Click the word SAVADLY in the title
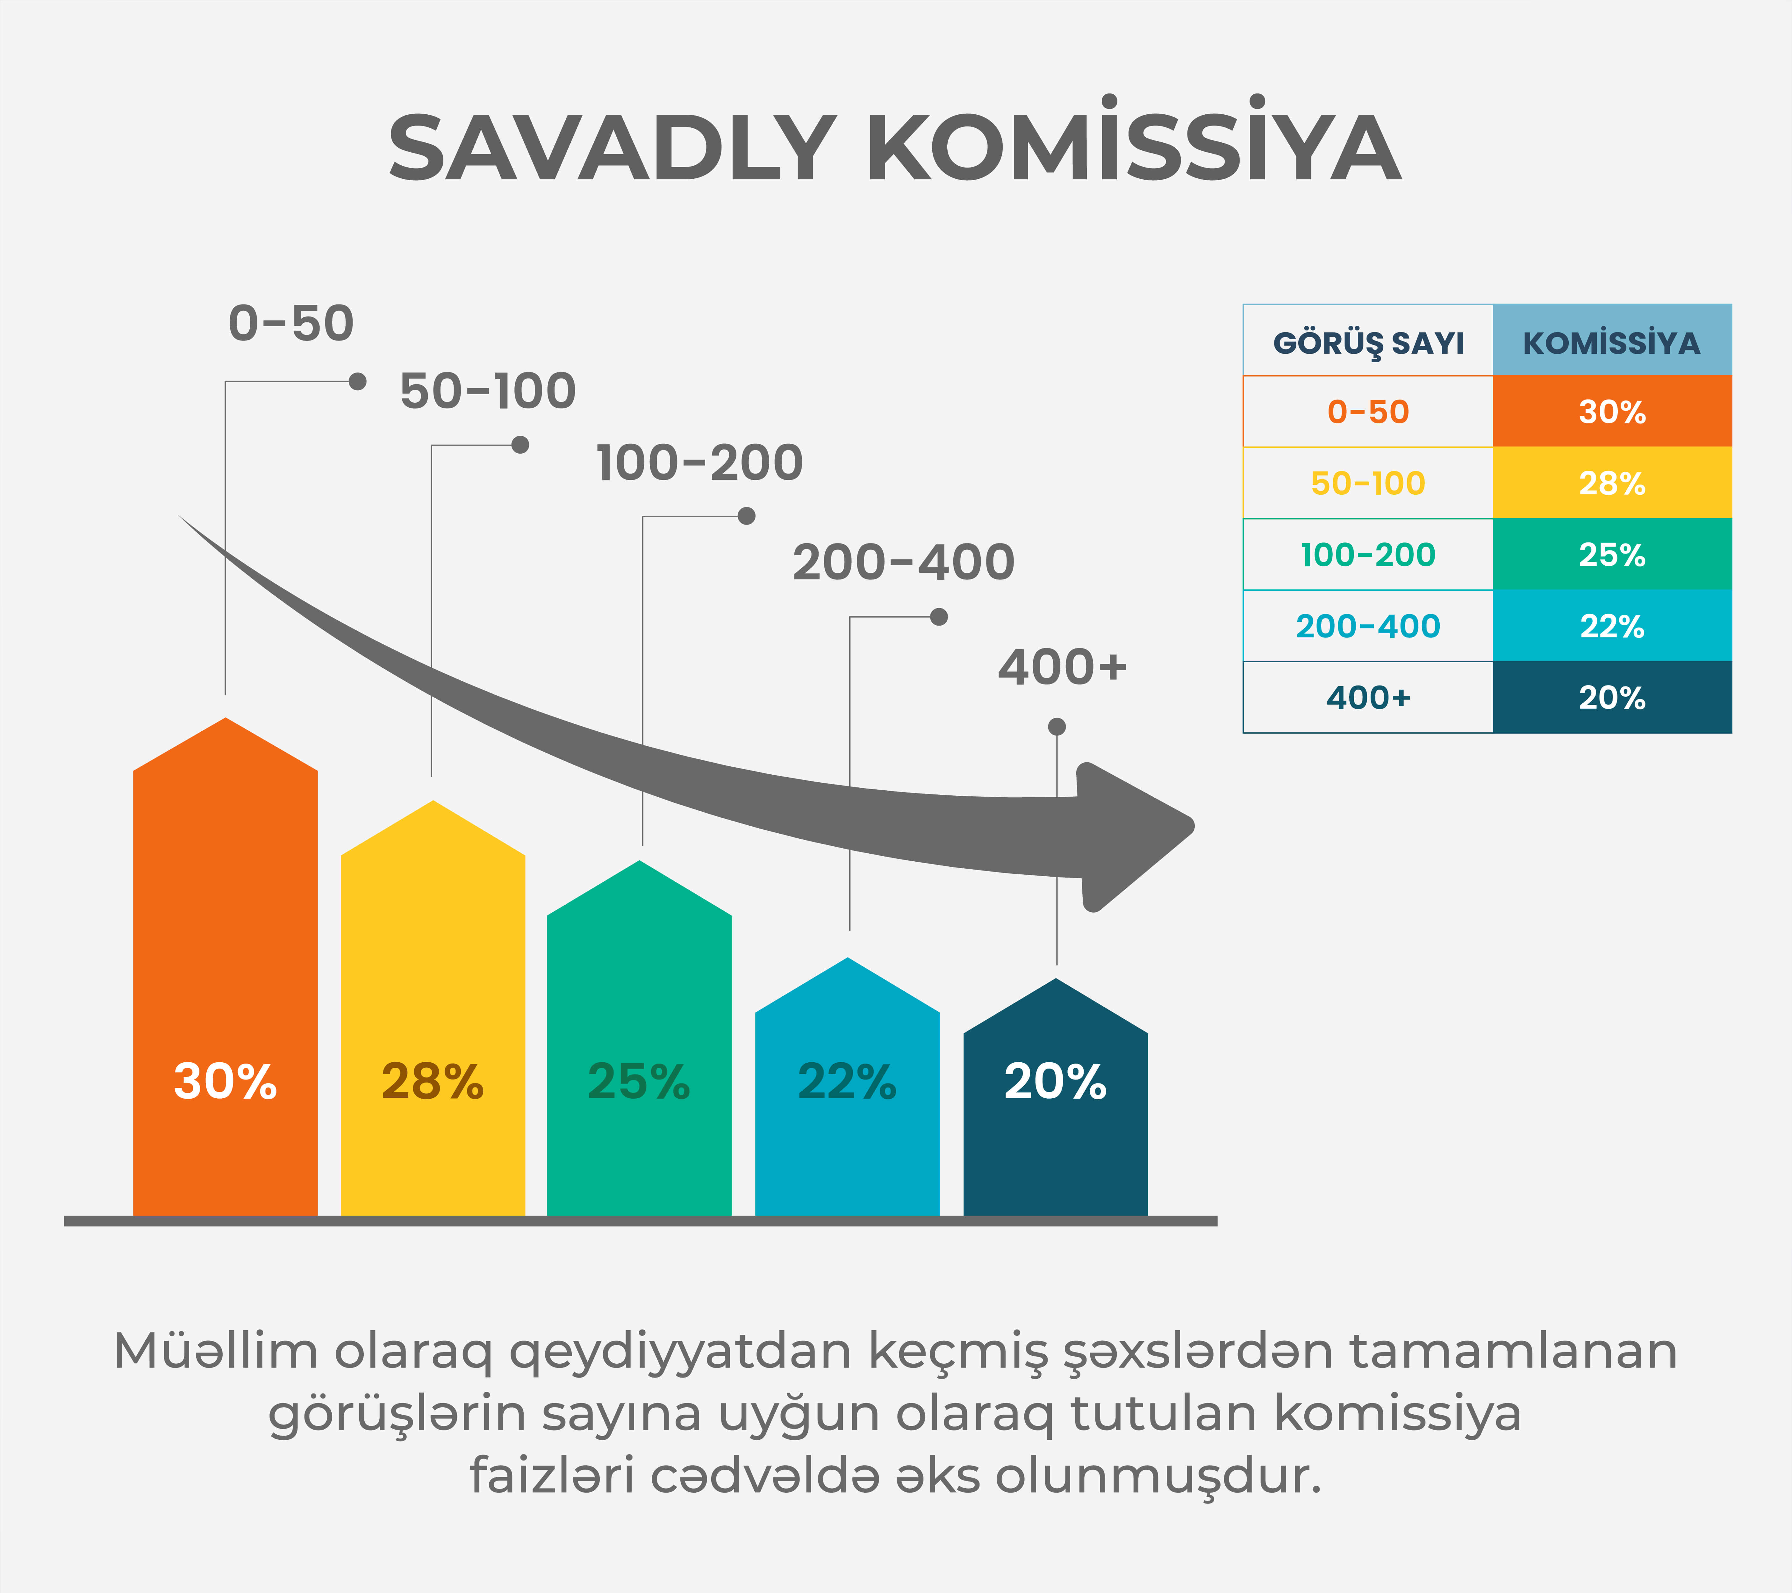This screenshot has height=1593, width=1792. coord(612,147)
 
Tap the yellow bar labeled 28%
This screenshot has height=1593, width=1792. coord(433,1008)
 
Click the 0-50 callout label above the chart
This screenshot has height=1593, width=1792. coord(291,324)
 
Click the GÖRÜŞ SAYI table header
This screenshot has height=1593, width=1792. coord(1369,342)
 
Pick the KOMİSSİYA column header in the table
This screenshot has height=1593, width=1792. coord(1611,342)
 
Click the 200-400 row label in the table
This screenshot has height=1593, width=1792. coord(1369,626)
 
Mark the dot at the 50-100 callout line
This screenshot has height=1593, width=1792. coord(520,444)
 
